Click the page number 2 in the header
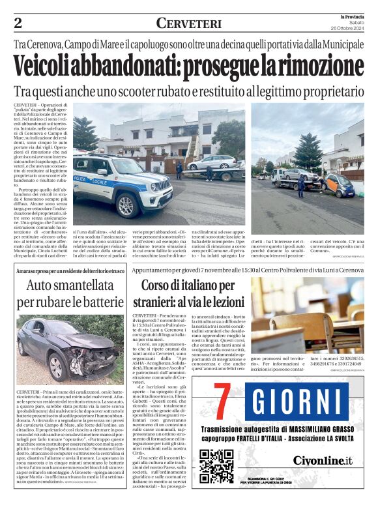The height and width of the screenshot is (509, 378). [18, 23]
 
